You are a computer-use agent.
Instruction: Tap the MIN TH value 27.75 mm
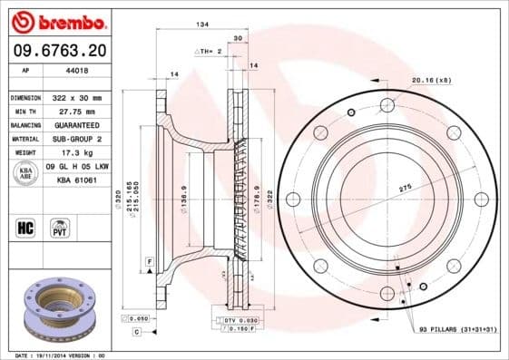[77, 111]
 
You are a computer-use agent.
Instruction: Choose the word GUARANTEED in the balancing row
[78, 124]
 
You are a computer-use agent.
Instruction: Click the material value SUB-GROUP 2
[78, 139]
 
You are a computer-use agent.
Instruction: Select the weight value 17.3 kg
[78, 152]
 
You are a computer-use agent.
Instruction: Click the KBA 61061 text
[78, 180]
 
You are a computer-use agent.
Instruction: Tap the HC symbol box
[26, 227]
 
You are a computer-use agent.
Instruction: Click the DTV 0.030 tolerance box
[235, 321]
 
